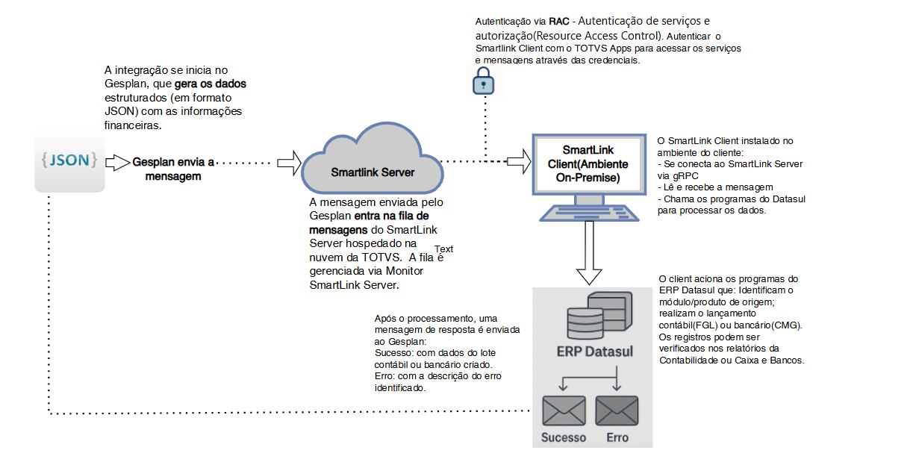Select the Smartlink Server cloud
(x=372, y=166)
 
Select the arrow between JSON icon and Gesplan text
(x=116, y=161)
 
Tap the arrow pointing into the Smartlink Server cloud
(x=288, y=161)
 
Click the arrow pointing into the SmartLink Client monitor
(x=517, y=160)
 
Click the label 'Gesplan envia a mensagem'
(x=172, y=169)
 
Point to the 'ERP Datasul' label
(x=594, y=351)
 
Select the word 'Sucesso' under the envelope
(x=564, y=437)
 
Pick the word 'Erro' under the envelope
(x=617, y=437)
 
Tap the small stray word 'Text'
(x=443, y=249)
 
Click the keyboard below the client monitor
(x=590, y=213)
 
